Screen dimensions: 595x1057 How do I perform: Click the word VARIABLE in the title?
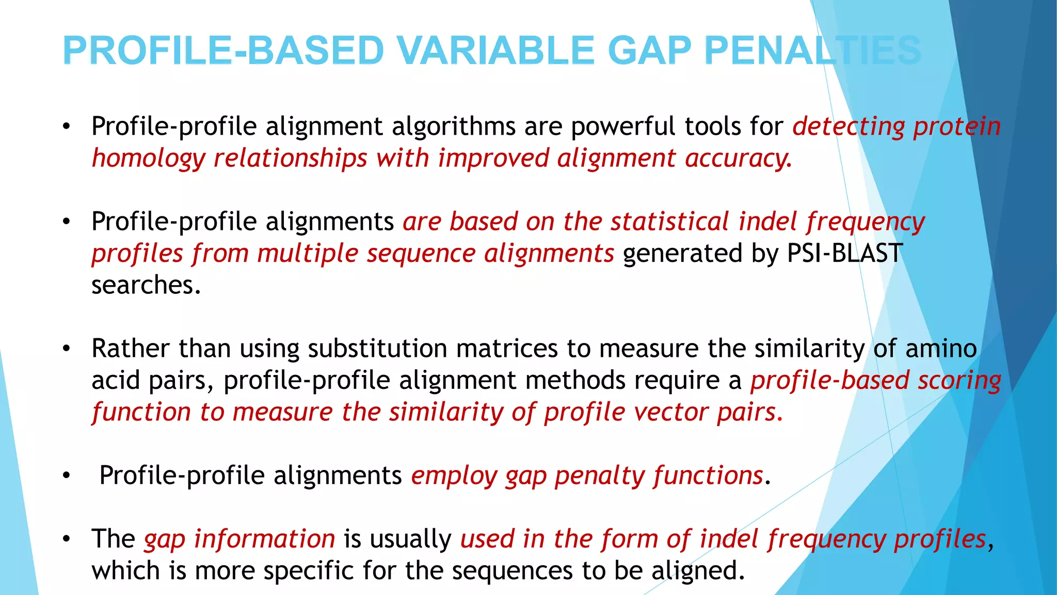coord(497,51)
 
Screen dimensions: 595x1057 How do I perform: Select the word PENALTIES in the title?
coord(812,51)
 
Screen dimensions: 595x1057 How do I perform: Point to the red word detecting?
coord(848,127)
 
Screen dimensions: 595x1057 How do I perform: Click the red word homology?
coord(148,159)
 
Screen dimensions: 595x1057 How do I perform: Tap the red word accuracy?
coord(738,159)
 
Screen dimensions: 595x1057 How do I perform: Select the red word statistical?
coord(669,222)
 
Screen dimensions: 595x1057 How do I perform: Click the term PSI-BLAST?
coord(844,254)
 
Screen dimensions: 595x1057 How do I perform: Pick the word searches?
coord(146,286)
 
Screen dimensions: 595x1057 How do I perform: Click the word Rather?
coord(131,349)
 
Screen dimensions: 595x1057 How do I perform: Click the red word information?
coord(265,539)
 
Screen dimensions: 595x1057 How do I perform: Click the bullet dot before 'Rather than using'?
coord(66,349)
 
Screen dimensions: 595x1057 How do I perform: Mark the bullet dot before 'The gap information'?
coord(66,540)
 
